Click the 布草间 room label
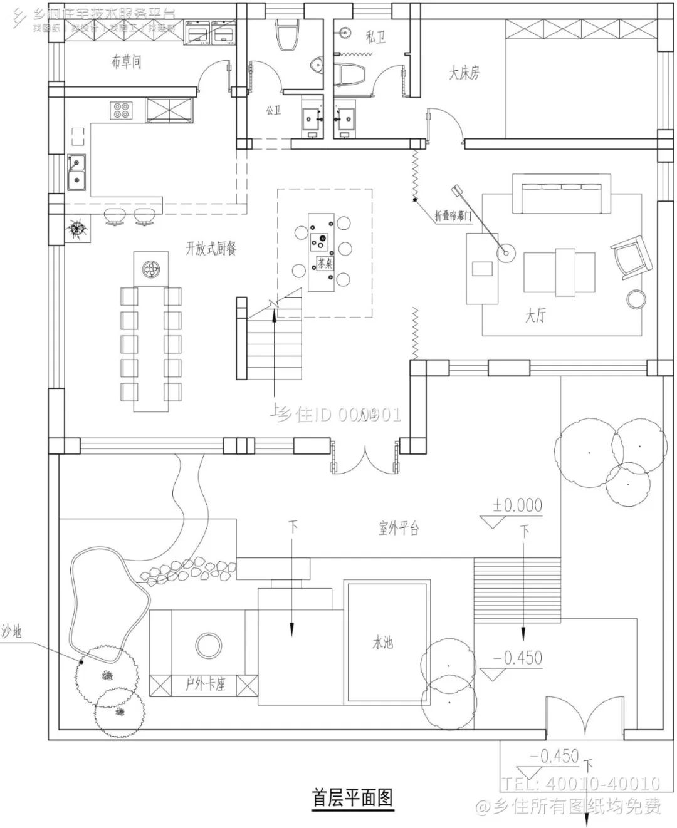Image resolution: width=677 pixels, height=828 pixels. pos(126,61)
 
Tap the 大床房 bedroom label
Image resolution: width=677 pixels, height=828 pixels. pos(464,73)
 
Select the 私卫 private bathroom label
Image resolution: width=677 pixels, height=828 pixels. pos(375,37)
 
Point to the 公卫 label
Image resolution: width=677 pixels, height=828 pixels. pos(273,110)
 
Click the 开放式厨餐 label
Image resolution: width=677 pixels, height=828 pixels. pos(211,249)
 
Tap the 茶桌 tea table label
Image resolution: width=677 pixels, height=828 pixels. pos(325,263)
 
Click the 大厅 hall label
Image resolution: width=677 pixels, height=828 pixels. pos(535,316)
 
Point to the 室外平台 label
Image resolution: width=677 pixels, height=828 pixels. pos(398,528)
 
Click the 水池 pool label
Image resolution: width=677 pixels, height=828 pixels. pos(382,643)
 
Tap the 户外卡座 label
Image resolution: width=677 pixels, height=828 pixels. pos(205,684)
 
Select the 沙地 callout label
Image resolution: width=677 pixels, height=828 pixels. pos(11,632)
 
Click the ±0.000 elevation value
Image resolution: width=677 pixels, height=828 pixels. pos(517,505)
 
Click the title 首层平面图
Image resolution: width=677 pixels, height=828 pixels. pos(352,798)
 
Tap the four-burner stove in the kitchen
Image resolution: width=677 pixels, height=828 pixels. pos(122,111)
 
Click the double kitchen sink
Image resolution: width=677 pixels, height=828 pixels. pos(78,172)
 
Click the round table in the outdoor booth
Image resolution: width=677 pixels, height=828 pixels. pos(206,645)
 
